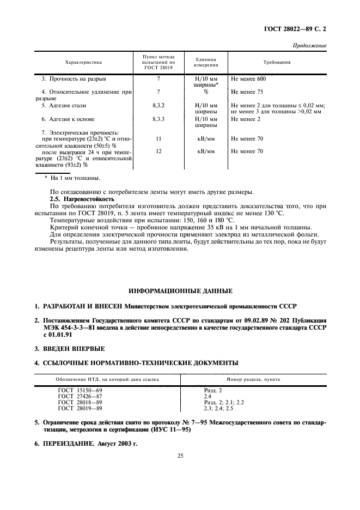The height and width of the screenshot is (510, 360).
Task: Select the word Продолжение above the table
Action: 310,46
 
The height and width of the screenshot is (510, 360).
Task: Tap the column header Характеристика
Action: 83,63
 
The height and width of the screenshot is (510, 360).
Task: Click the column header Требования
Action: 277,63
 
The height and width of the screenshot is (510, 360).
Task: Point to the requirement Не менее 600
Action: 248,79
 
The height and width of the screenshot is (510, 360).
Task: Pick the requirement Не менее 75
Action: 247,92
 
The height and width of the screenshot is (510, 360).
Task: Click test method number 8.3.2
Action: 158,105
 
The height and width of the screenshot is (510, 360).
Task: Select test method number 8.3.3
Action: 158,119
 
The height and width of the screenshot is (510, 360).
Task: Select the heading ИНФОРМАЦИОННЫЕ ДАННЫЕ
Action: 180,290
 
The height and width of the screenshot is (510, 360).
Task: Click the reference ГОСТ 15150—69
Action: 80,390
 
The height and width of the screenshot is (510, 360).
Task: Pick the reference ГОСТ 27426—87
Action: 80,396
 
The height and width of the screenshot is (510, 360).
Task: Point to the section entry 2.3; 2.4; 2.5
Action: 218,408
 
